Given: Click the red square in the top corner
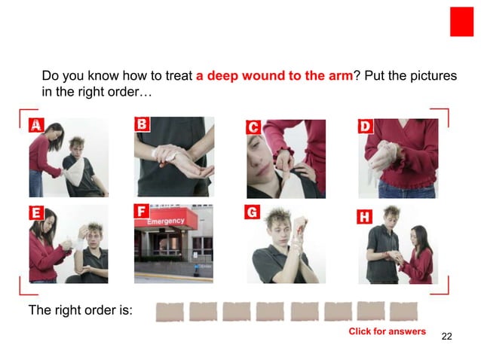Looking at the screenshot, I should coord(461,21).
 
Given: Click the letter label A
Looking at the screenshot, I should coord(35,126).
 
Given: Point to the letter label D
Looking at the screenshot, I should coord(365,127).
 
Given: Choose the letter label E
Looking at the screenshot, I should coord(35,213).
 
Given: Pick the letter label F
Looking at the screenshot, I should coord(141,212).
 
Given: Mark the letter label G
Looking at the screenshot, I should coord(253,213).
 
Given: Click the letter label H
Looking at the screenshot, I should coord(364,217).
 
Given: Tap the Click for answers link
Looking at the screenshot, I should coord(387,331).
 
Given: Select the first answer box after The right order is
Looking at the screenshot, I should coord(169,311).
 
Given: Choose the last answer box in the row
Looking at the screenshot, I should coord(403,311).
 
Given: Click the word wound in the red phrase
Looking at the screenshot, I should coord(266,78).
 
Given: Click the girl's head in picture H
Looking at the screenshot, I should coord(419,236).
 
